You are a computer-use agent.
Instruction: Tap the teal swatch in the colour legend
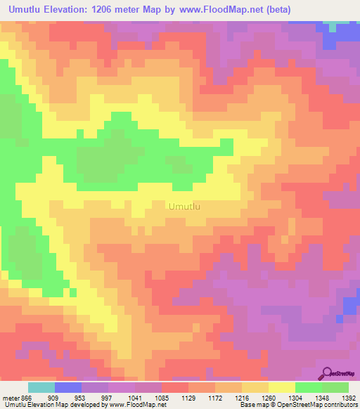[x=41, y=387]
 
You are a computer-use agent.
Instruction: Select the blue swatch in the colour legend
[x=68, y=387]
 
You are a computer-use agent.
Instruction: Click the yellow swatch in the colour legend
[x=282, y=387]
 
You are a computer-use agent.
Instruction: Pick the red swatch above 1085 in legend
[x=175, y=387]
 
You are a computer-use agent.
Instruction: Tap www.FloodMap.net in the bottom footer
[x=137, y=405]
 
